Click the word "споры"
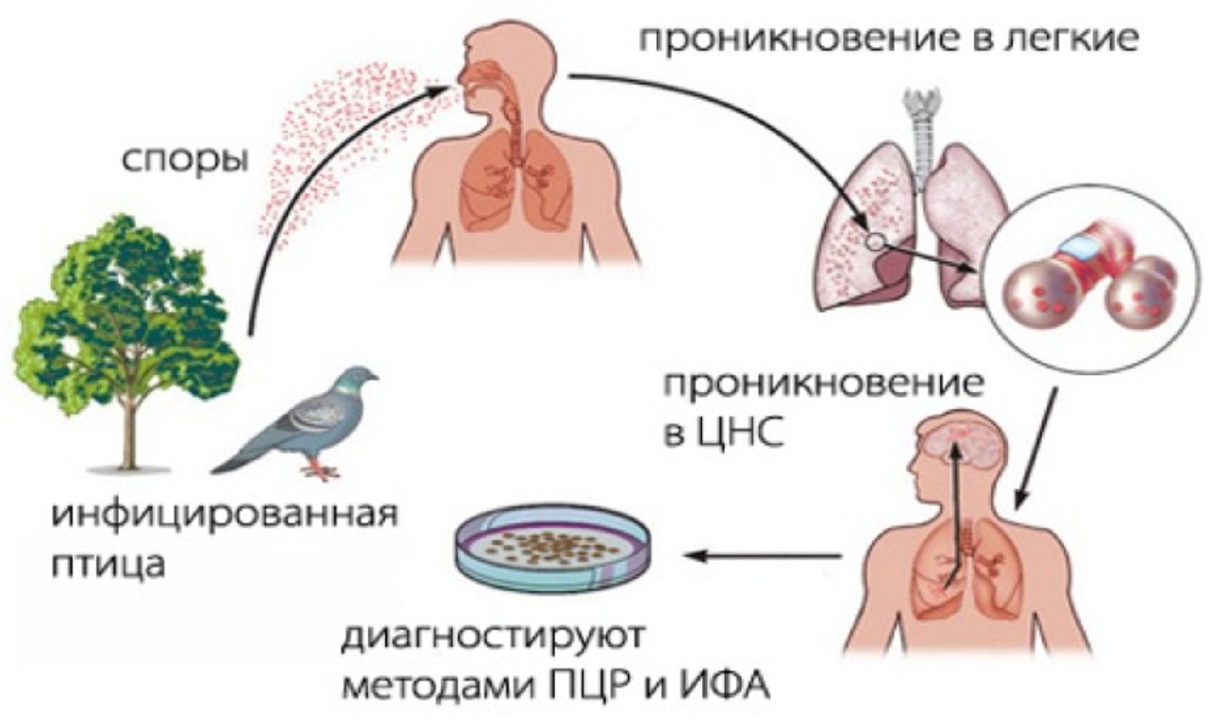tap(185, 160)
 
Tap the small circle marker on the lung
tap(876, 242)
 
